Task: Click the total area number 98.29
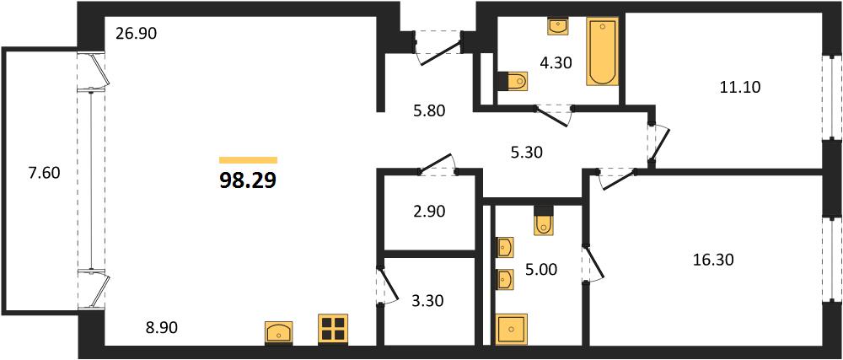[248, 180]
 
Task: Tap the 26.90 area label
[136, 35]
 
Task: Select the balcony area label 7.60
[44, 173]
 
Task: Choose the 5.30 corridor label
[526, 153]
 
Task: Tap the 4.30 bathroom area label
[556, 62]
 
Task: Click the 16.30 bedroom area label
[713, 261]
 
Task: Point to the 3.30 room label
[427, 301]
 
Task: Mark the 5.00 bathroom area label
[540, 269]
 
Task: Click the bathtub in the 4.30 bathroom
[602, 51]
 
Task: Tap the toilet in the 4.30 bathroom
[513, 82]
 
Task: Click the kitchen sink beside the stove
[279, 331]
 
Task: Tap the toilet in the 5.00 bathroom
[544, 220]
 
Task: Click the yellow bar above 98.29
[248, 159]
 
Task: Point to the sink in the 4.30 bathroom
[558, 26]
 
